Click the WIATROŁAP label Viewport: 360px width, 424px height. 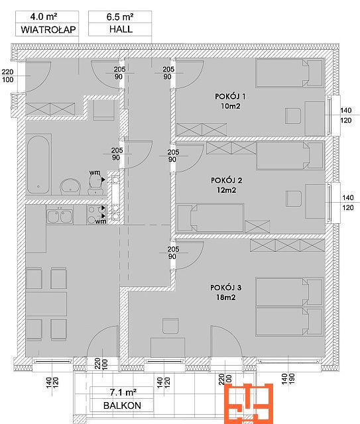[48, 29]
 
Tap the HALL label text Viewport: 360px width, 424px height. [121, 29]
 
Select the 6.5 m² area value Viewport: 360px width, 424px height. [119, 17]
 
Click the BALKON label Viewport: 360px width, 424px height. [122, 405]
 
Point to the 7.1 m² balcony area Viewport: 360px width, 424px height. [123, 392]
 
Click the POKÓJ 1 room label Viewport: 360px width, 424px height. [230, 96]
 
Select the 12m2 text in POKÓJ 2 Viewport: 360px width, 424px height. [226, 190]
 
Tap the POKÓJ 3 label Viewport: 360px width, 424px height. [225, 287]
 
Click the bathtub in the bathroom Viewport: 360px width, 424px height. [39, 165]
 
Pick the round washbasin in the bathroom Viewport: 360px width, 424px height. [70, 186]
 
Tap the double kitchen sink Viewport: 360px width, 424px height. [60, 216]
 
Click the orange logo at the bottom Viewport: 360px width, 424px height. [248, 403]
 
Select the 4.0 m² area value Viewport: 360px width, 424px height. [44, 17]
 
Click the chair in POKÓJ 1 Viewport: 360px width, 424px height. [293, 116]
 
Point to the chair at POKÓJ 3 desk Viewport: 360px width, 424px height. [171, 326]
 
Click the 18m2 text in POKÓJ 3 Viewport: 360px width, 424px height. [225, 297]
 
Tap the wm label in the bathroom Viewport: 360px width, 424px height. [95, 172]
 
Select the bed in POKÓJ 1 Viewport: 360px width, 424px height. [290, 73]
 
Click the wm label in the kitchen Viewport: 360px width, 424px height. [101, 221]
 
